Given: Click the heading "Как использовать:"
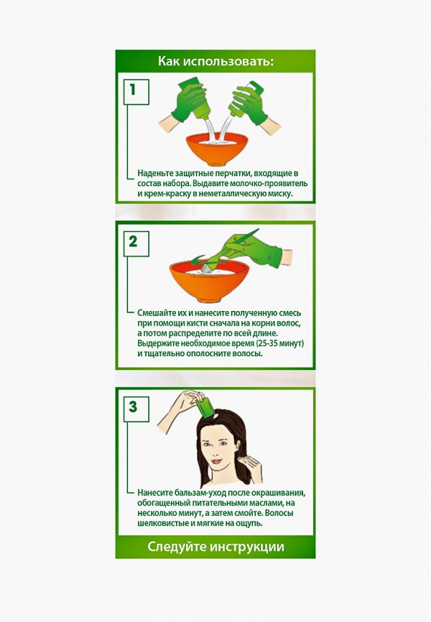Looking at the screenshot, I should pos(215,61).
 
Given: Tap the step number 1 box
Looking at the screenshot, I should pos(133,90).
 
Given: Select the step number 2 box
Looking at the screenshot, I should pos(133,241).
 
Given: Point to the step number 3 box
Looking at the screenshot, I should pos(133,407).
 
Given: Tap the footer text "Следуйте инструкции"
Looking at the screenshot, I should pos(215,547).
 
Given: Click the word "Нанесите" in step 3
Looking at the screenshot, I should pos(156,493).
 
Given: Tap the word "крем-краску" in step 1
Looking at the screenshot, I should pos(161,194).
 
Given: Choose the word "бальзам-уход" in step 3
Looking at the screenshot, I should pos(204,493).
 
